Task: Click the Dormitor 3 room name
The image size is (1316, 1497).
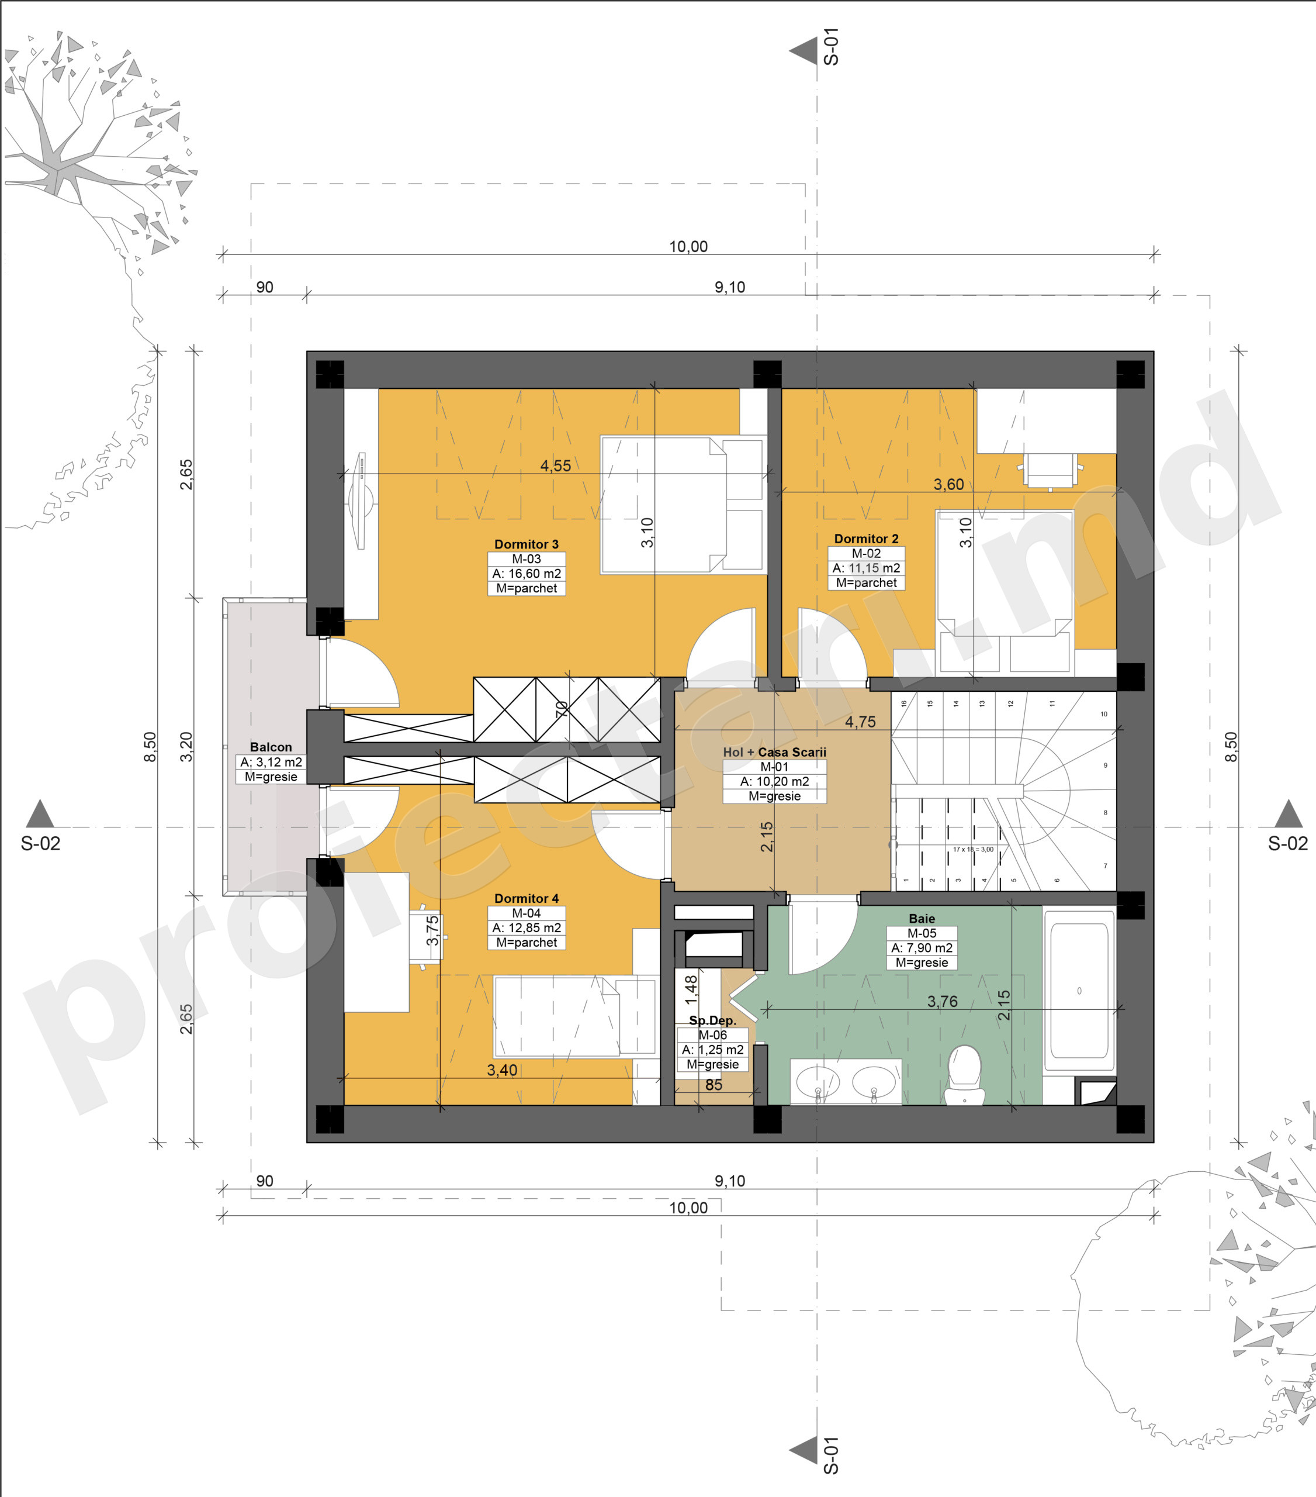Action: [x=527, y=544]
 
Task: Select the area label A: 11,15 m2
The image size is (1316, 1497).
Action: [x=867, y=568]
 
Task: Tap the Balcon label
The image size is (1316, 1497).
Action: [x=271, y=747]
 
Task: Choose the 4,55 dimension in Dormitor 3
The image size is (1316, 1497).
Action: [x=556, y=466]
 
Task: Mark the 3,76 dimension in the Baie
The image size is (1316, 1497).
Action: [x=942, y=1002]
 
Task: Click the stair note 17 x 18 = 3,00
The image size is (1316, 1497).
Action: [x=973, y=850]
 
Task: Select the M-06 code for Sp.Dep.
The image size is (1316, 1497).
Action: [x=712, y=1035]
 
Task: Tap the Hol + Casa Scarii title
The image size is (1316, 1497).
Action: [x=774, y=752]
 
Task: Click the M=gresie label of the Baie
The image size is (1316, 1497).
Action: [x=922, y=963]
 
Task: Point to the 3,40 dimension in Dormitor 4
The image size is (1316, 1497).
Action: [x=502, y=1070]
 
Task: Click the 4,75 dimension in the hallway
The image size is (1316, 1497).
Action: [x=860, y=722]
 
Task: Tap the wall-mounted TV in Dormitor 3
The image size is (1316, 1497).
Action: [x=361, y=501]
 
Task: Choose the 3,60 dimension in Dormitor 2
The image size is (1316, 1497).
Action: [x=948, y=485]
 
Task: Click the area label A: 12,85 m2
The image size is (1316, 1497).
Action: [x=527, y=928]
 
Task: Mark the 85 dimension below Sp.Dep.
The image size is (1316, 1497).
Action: [x=714, y=1085]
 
